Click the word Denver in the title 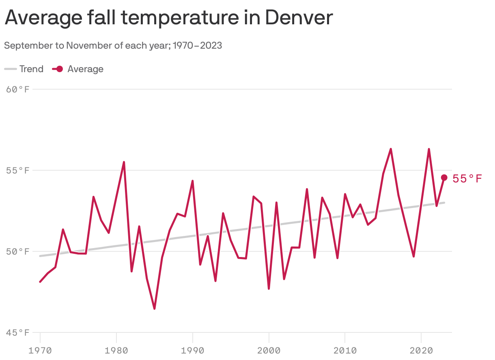click(x=299, y=18)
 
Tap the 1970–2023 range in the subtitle click(x=197, y=45)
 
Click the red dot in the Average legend click(x=59, y=69)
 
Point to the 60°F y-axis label click(x=18, y=89)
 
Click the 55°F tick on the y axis click(x=18, y=170)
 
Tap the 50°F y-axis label click(x=18, y=251)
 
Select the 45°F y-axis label click(x=18, y=332)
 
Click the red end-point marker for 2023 click(x=444, y=178)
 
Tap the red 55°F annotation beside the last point click(x=467, y=179)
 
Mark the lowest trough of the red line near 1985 click(x=155, y=309)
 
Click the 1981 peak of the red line click(x=124, y=162)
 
